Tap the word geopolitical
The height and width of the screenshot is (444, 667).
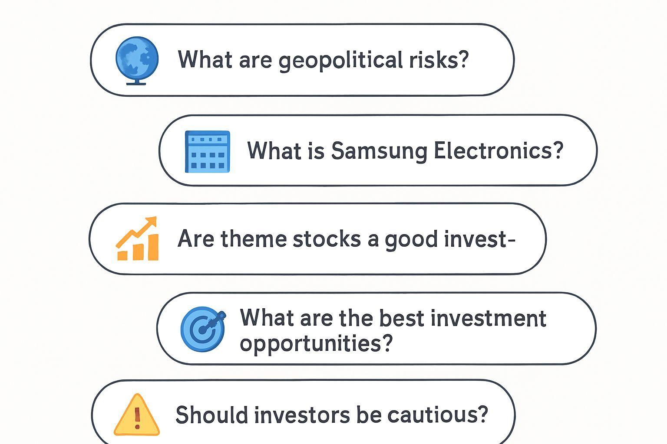tap(340, 61)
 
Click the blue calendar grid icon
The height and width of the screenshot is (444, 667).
tap(207, 152)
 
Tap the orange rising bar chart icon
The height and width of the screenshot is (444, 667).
tap(137, 238)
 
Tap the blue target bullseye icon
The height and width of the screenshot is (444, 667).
tap(203, 329)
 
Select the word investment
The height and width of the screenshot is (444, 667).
tap(489, 318)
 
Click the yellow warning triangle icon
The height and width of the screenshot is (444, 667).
tap(137, 415)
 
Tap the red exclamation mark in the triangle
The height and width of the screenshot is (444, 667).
tap(137, 418)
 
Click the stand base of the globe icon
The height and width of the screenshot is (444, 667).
tap(136, 83)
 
